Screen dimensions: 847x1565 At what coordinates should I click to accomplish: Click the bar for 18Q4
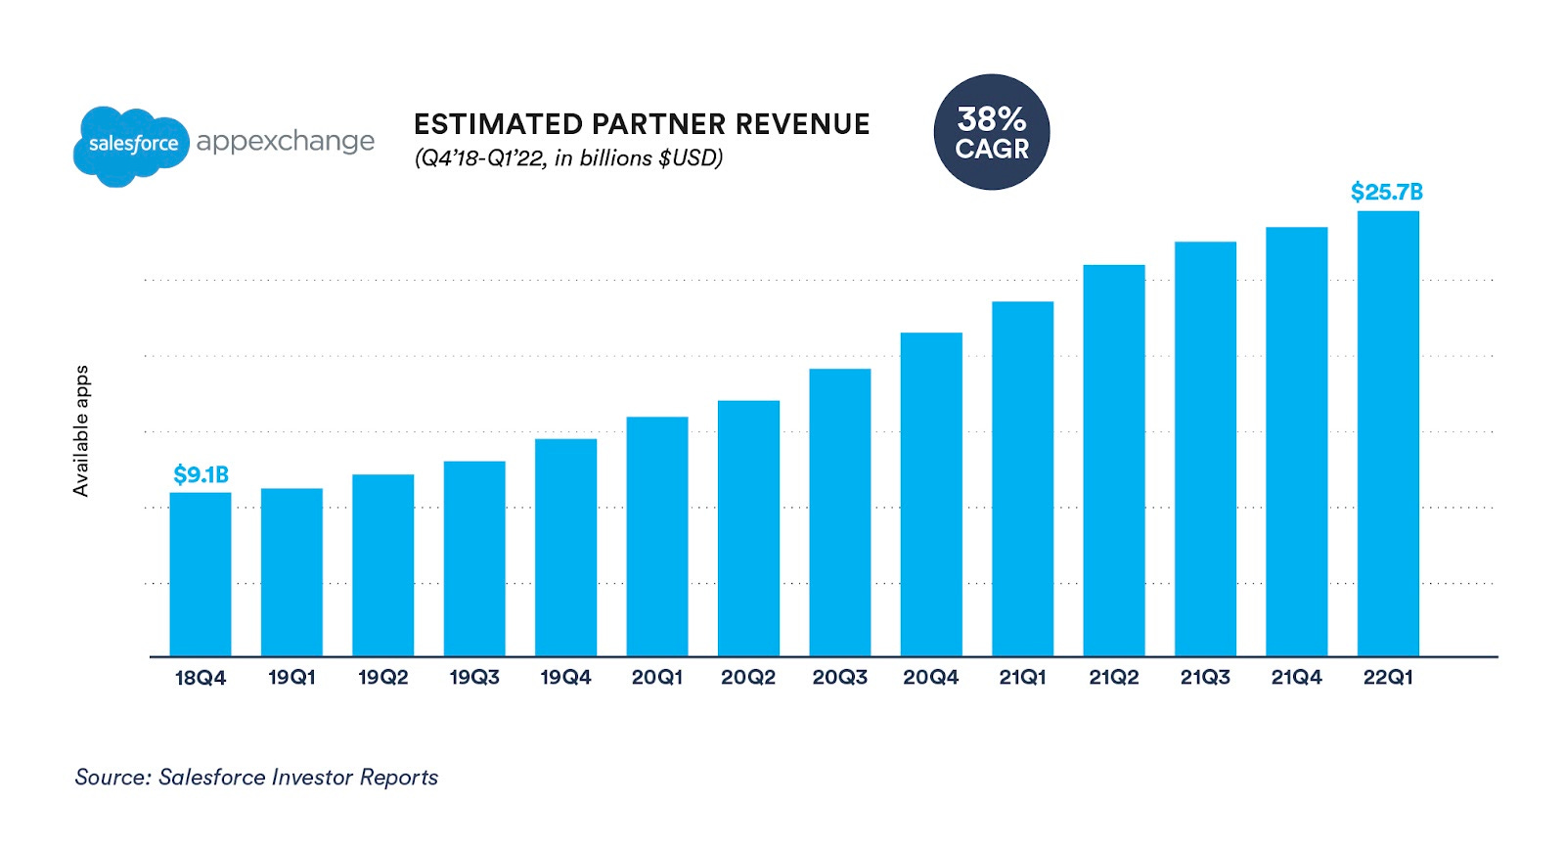click(201, 574)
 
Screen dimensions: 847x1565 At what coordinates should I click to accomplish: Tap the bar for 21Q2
click(1114, 460)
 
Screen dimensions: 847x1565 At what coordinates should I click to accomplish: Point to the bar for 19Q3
click(474, 558)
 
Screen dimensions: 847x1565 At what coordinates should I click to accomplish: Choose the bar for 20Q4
click(931, 494)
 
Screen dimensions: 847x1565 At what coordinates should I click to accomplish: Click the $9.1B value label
click(201, 475)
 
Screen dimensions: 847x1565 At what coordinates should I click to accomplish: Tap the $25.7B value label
click(1386, 193)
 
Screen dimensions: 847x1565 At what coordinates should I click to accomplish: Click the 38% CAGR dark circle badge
click(992, 133)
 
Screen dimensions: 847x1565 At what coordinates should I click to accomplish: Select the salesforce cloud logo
click(131, 145)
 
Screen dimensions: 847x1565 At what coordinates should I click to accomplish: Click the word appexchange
click(285, 142)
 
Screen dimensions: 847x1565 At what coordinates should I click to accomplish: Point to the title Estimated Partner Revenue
click(642, 124)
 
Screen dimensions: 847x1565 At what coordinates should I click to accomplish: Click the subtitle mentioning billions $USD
click(568, 158)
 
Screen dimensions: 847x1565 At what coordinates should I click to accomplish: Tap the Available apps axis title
click(81, 430)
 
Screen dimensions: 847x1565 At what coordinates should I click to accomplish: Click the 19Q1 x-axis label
click(291, 678)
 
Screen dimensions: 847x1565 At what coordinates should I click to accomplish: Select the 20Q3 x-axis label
click(839, 678)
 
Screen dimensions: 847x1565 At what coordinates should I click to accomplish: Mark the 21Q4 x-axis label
click(1296, 678)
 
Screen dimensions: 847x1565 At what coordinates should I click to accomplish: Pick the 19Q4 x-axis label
click(565, 678)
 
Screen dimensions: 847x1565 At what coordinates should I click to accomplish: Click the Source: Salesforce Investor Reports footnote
click(256, 778)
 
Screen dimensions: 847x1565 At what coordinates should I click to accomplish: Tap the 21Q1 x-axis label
click(1022, 678)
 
